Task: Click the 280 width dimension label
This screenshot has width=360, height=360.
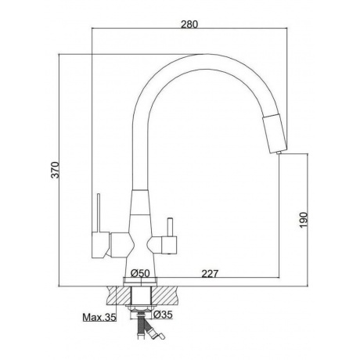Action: (189, 24)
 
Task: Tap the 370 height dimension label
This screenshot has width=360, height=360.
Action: (55, 170)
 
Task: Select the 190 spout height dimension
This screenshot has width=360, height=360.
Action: (304, 220)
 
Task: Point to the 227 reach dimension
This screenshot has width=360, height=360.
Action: (210, 274)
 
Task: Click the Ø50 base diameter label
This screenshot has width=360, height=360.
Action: (140, 273)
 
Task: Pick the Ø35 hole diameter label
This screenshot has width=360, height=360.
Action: (163, 315)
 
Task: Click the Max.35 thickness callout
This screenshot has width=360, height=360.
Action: (99, 317)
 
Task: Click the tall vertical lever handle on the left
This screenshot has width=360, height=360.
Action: (99, 213)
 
